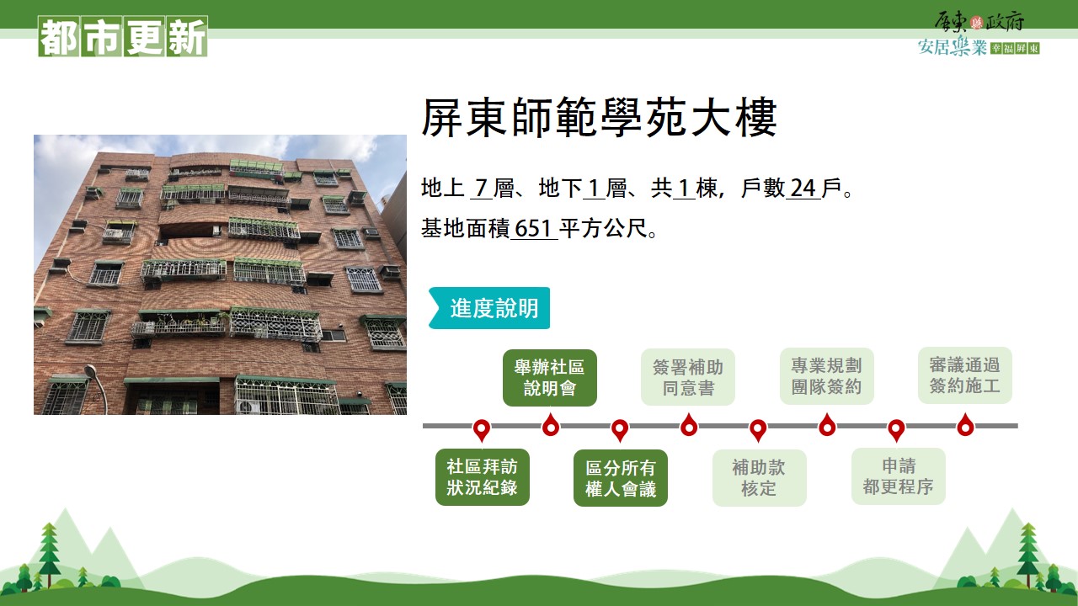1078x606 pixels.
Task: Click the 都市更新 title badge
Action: [123, 36]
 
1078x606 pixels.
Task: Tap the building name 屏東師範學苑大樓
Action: [599, 117]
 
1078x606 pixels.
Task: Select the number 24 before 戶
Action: [803, 188]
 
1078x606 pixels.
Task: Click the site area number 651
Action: [533, 228]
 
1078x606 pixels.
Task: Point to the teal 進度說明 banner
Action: [489, 308]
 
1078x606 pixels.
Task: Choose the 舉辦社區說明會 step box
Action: [550, 378]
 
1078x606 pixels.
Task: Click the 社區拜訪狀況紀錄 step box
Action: [483, 477]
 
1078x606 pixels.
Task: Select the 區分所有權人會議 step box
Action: [621, 478]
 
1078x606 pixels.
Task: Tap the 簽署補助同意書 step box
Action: [688, 377]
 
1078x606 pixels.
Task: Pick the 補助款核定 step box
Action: [759, 478]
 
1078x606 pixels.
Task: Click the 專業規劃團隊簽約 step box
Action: [827, 376]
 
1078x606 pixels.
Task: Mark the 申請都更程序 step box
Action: [898, 476]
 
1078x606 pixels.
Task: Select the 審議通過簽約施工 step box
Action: [965, 375]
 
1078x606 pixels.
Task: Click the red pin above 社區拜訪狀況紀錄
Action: [482, 429]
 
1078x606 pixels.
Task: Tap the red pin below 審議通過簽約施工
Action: [965, 425]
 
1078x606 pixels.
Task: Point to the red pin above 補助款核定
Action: [758, 429]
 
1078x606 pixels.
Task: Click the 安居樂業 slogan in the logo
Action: [953, 47]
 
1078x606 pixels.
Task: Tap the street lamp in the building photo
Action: [98, 387]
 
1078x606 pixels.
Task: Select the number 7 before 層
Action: [481, 188]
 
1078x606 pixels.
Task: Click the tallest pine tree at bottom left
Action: [50, 553]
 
